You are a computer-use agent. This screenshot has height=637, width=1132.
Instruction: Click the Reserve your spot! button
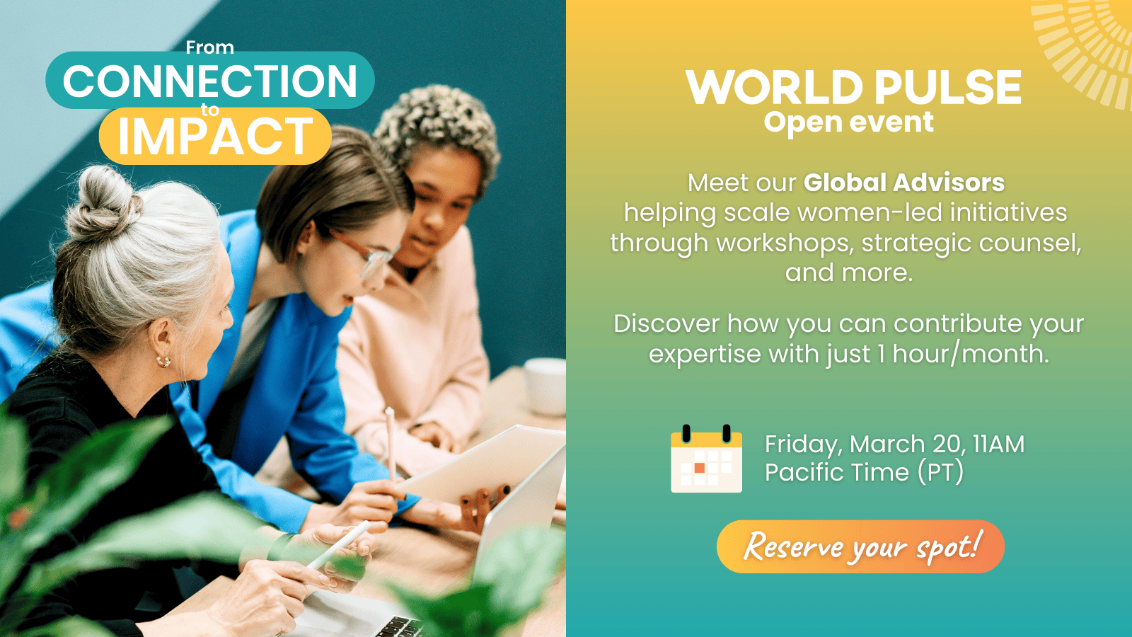click(x=860, y=546)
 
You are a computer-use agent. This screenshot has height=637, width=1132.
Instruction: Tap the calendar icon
click(x=707, y=459)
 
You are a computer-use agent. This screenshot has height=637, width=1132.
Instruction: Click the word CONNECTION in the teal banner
click(x=209, y=81)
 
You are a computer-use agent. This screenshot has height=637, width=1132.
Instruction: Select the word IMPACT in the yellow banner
click(x=216, y=135)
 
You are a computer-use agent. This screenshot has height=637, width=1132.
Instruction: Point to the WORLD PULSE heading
click(x=853, y=87)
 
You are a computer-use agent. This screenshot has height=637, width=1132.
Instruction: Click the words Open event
click(x=848, y=122)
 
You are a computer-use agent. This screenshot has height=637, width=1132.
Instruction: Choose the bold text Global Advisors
click(x=904, y=183)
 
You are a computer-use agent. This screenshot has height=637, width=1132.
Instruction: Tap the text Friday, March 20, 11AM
click(x=894, y=444)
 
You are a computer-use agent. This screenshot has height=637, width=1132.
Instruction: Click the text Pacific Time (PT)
click(x=864, y=473)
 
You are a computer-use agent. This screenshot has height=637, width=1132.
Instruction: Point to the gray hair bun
click(x=103, y=202)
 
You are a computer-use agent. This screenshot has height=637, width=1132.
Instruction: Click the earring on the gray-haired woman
click(x=163, y=361)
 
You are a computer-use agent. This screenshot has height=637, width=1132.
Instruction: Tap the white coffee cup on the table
click(x=545, y=386)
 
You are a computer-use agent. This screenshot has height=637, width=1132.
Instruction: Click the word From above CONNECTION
click(x=209, y=47)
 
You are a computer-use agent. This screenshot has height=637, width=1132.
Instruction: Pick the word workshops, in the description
click(x=785, y=243)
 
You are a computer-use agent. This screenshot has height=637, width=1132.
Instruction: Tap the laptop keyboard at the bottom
click(x=399, y=628)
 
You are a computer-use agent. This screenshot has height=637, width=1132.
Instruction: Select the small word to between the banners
click(x=209, y=110)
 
